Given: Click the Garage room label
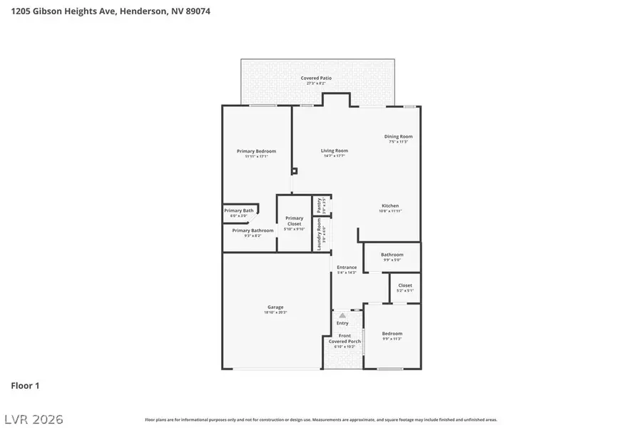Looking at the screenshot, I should (275, 307).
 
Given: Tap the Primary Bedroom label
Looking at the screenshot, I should (256, 151).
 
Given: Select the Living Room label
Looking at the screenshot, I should (334, 151).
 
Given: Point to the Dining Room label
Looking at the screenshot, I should (398, 136).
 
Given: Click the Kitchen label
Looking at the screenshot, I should (389, 206).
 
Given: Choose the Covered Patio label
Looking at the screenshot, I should (315, 78).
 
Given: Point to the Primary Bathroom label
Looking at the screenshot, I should (253, 230).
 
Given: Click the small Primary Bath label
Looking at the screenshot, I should (238, 210).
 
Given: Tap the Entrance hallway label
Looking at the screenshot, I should (347, 267).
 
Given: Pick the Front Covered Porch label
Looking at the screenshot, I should (345, 338).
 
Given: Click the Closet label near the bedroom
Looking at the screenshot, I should (404, 285).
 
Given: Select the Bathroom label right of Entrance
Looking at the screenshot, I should (392, 255).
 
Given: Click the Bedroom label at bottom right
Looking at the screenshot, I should (392, 333).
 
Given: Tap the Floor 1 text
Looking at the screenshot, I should (25, 386).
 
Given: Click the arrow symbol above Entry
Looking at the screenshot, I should (342, 315).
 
